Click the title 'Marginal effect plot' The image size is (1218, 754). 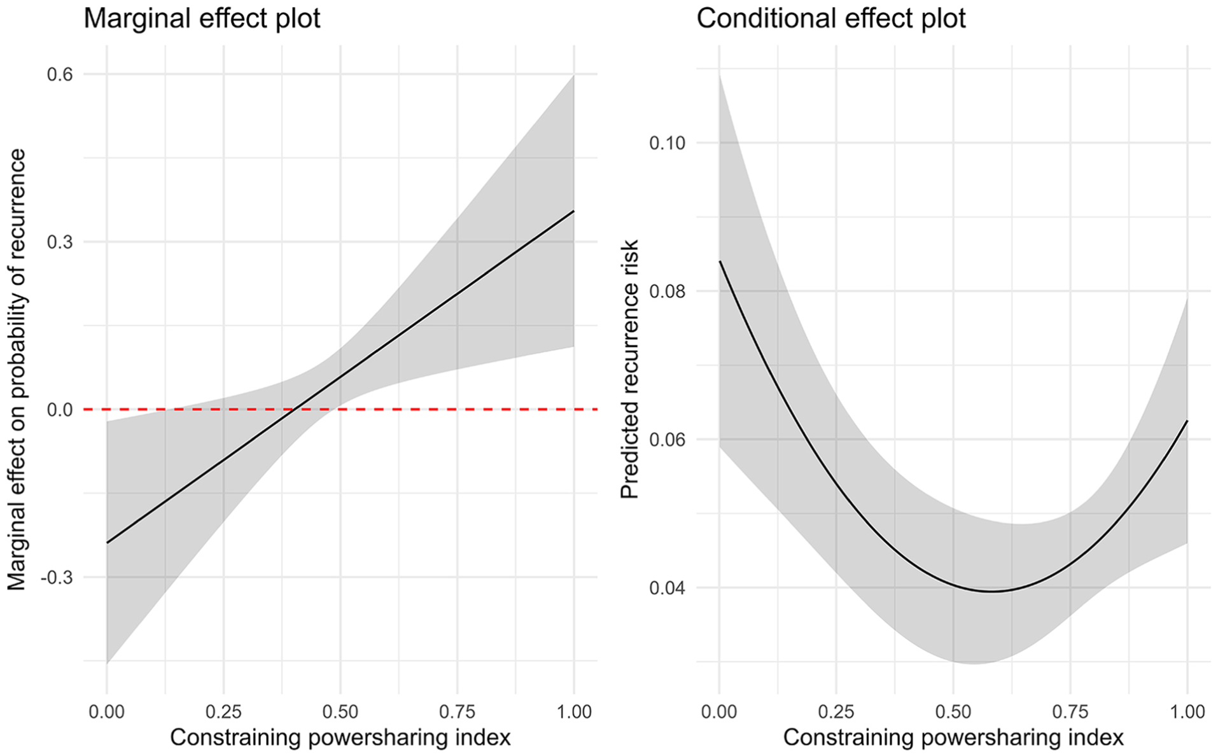[x=202, y=18]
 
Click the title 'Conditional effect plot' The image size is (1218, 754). [x=831, y=18]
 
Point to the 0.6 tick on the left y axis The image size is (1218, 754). [x=60, y=74]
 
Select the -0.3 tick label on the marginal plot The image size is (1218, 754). [x=57, y=578]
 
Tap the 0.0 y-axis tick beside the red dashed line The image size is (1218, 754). [x=60, y=410]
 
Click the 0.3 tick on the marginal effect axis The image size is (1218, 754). [x=60, y=242]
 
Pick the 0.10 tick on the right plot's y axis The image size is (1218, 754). [x=668, y=143]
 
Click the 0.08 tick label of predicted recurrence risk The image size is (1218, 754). [x=668, y=291]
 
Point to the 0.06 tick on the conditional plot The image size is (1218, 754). [x=668, y=439]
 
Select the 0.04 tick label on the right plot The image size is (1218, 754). [x=668, y=587]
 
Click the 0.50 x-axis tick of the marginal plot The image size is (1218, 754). [x=340, y=711]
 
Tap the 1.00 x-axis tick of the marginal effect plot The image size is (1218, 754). [x=574, y=711]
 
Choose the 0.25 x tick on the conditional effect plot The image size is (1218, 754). [x=836, y=711]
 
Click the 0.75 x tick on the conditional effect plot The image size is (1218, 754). [x=1070, y=711]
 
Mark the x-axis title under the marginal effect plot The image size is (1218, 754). [x=340, y=737]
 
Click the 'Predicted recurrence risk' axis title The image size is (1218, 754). [x=629, y=369]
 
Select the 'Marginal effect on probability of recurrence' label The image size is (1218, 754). [x=17, y=369]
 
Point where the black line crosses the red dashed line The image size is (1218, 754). [x=292, y=409]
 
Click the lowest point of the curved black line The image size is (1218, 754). [x=991, y=592]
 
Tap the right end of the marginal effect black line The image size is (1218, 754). [x=574, y=211]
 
